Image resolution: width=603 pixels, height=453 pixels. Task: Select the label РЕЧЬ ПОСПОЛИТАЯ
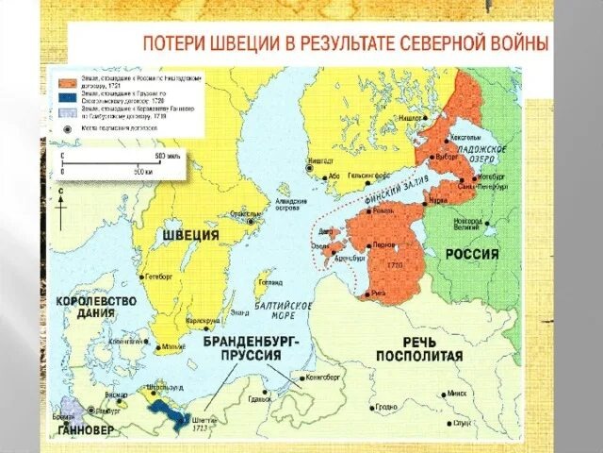[419, 348]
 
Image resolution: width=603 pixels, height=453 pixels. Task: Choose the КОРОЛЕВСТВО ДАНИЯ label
[97, 309]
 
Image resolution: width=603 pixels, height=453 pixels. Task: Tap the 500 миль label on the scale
[168, 155]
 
